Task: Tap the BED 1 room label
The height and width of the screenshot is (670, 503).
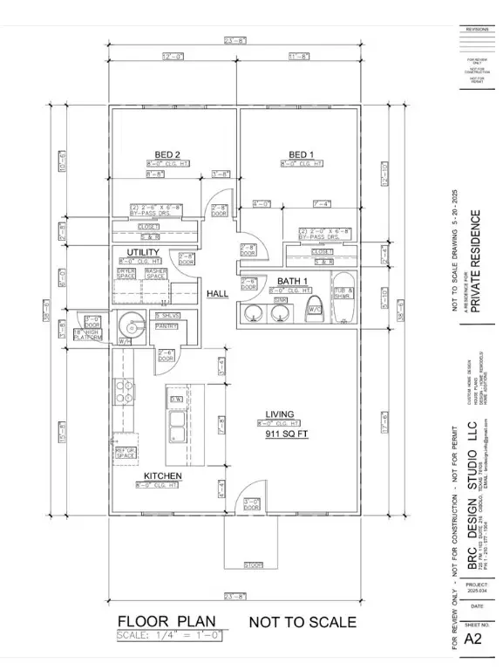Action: tap(301, 154)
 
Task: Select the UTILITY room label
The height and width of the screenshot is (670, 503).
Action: tap(144, 252)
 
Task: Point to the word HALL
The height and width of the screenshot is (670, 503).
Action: tap(216, 294)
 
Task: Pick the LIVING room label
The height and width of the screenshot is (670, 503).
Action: tap(280, 414)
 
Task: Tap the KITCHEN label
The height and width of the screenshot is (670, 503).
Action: tap(162, 475)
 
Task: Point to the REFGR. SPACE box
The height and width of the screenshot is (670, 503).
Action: tap(126, 453)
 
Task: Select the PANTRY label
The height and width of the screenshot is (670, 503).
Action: tap(166, 326)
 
